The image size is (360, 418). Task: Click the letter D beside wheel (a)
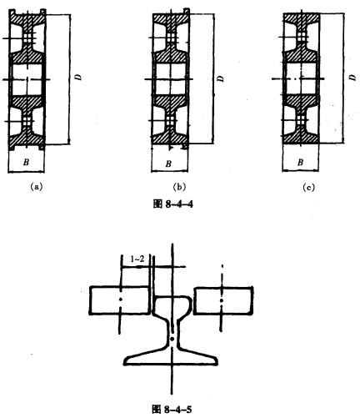pyautogui.click(x=79, y=77)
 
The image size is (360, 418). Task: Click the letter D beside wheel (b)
pyautogui.click(x=221, y=78)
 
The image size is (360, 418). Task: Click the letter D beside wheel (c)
pyautogui.click(x=353, y=78)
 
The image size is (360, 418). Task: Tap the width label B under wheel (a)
pyautogui.click(x=26, y=162)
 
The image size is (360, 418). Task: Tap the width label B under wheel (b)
pyautogui.click(x=168, y=164)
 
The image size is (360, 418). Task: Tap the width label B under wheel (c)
pyautogui.click(x=300, y=163)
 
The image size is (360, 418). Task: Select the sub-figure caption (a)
pyautogui.click(x=37, y=187)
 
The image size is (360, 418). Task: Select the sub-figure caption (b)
pyautogui.click(x=179, y=188)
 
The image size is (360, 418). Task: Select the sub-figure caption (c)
pyautogui.click(x=309, y=188)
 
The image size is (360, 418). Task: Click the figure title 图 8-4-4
pyautogui.click(x=173, y=204)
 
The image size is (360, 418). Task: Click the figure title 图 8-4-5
pyautogui.click(x=172, y=410)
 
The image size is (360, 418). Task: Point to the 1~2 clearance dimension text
pyautogui.click(x=137, y=259)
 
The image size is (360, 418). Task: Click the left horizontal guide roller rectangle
pyautogui.click(x=120, y=300)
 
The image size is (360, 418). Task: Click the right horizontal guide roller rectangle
pyautogui.click(x=223, y=301)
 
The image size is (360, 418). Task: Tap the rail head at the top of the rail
pyautogui.click(x=172, y=305)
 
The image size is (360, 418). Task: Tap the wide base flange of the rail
pyautogui.click(x=171, y=357)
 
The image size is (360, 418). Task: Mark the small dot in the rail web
pyautogui.click(x=172, y=339)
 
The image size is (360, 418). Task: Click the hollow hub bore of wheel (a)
pyautogui.click(x=27, y=79)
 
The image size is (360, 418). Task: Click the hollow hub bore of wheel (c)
pyautogui.click(x=299, y=79)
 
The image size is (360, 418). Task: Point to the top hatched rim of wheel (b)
pyautogui.click(x=170, y=19)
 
